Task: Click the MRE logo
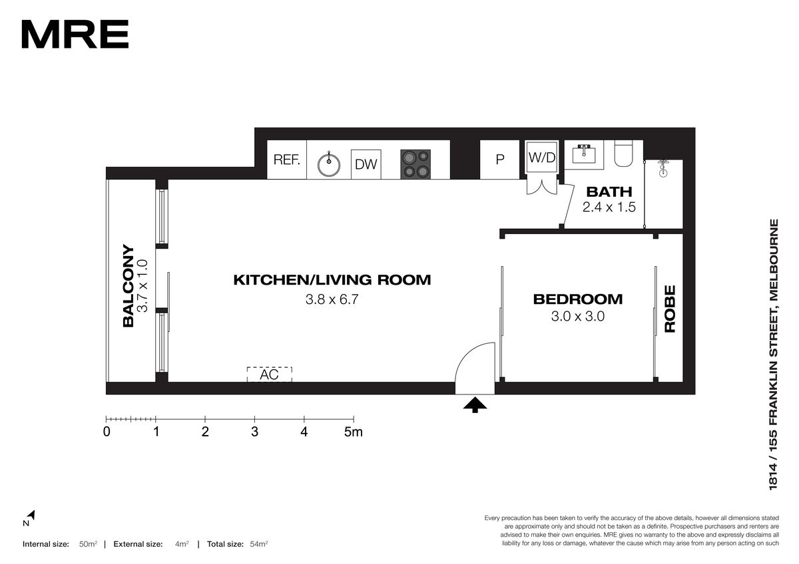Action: click(x=75, y=34)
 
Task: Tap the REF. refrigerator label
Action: click(x=286, y=160)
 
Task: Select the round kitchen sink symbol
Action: click(x=329, y=164)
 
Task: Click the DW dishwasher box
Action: click(x=366, y=164)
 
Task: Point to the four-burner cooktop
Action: click(x=415, y=164)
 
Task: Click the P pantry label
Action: click(x=500, y=159)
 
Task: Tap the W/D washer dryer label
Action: click(x=542, y=158)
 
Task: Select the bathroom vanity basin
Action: click(x=584, y=154)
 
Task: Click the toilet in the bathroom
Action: click(x=623, y=154)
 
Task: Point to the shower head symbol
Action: click(x=663, y=168)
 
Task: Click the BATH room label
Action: click(x=609, y=192)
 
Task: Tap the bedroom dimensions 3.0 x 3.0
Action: click(x=578, y=317)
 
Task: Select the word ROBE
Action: click(x=670, y=309)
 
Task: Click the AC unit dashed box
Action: click(x=270, y=374)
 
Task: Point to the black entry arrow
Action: click(x=475, y=405)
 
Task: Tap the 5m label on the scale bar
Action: click(x=354, y=432)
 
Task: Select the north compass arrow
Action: click(x=32, y=515)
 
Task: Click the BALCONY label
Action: click(x=128, y=286)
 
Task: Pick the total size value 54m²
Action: click(x=259, y=544)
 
